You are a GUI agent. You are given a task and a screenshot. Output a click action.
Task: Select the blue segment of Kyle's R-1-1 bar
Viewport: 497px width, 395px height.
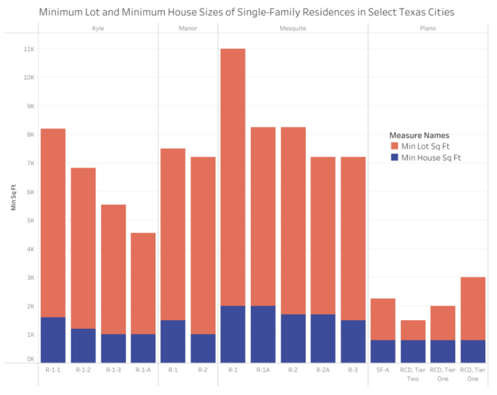tap(53, 340)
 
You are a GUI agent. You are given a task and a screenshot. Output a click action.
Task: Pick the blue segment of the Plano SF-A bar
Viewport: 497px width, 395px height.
tap(383, 351)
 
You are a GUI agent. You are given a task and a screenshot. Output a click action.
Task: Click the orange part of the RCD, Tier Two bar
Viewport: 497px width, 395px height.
tap(413, 330)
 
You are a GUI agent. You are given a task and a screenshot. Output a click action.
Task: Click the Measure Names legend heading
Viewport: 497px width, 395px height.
tap(419, 135)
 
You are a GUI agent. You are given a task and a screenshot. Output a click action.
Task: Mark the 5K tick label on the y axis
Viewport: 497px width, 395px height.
tap(29, 221)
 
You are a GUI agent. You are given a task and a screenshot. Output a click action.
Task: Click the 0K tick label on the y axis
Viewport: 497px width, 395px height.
tap(29, 359)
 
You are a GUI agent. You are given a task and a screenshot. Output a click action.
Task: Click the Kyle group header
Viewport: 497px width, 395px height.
tap(98, 28)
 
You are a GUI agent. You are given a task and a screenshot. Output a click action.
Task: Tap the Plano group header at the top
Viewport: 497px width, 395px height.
tap(428, 28)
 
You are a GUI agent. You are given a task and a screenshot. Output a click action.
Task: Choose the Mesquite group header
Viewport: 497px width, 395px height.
tap(293, 28)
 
